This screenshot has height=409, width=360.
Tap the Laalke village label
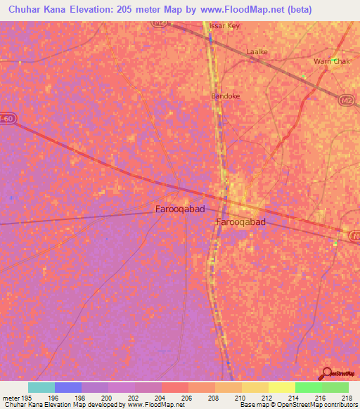257,52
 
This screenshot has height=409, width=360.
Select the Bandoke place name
225,95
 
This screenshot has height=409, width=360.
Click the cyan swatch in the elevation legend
41,387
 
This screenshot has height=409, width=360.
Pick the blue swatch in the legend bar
68,387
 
